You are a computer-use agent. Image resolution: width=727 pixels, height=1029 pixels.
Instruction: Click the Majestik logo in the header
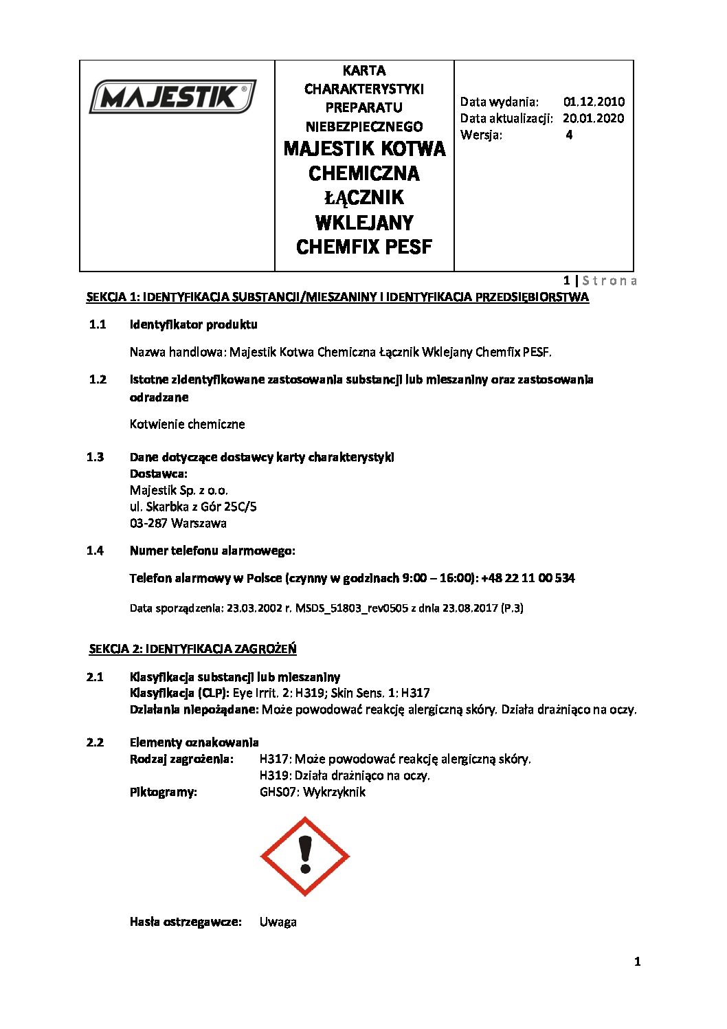(172, 97)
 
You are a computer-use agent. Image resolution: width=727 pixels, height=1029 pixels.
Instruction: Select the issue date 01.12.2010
(594, 102)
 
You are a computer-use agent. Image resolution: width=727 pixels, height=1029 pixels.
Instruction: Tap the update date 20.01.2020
(593, 118)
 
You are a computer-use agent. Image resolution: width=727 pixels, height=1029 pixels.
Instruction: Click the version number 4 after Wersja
(569, 135)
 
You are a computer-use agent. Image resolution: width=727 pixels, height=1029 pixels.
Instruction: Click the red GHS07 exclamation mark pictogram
(305, 856)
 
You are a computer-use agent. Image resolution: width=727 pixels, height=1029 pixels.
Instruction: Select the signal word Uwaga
(278, 922)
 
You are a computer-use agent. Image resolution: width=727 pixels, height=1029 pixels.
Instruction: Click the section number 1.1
(97, 324)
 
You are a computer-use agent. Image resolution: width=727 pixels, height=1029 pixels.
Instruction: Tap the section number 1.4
(96, 551)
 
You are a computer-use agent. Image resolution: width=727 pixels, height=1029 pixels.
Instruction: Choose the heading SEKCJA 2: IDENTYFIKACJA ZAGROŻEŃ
(192, 649)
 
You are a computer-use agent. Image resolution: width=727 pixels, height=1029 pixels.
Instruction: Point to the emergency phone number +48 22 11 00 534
(528, 578)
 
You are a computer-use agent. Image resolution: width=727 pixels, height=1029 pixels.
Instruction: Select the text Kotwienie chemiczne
(187, 424)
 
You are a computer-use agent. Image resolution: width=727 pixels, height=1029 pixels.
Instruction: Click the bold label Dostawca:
(158, 474)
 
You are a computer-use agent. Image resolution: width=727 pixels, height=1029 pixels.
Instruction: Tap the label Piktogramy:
(163, 792)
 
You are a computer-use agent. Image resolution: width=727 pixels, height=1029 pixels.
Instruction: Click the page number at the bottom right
(637, 962)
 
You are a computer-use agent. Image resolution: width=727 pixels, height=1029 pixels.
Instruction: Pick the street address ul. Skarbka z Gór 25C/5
(193, 507)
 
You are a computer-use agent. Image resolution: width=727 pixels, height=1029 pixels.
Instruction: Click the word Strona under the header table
(609, 280)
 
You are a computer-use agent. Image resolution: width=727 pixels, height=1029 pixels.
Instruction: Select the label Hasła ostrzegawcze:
(186, 922)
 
